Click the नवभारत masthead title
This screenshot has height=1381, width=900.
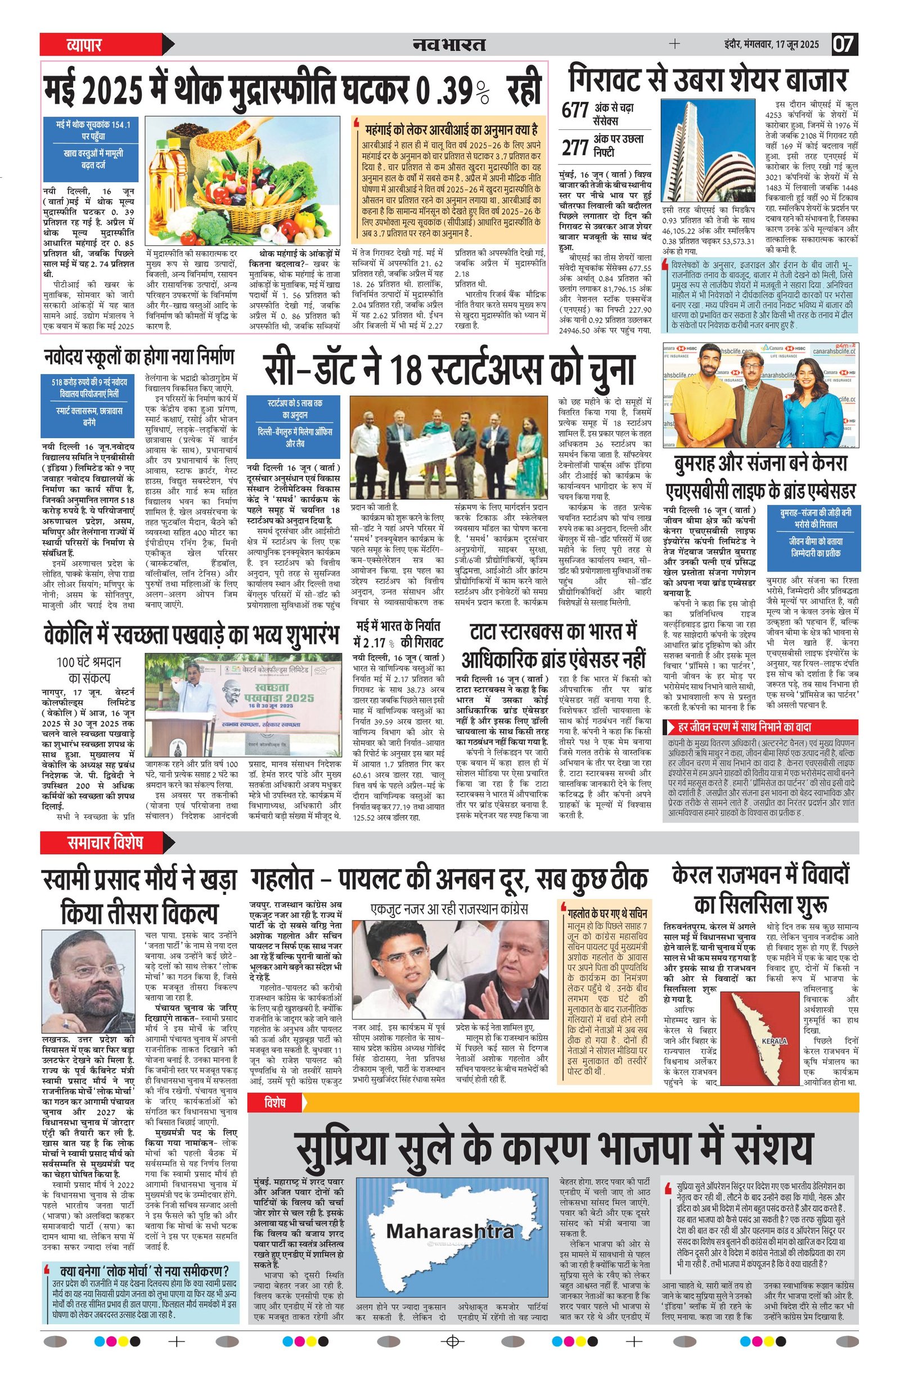tap(448, 44)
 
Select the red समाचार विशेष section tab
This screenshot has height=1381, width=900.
tap(105, 842)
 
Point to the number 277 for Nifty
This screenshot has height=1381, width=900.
tap(575, 148)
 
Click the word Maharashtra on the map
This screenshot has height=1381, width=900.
tap(442, 1211)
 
